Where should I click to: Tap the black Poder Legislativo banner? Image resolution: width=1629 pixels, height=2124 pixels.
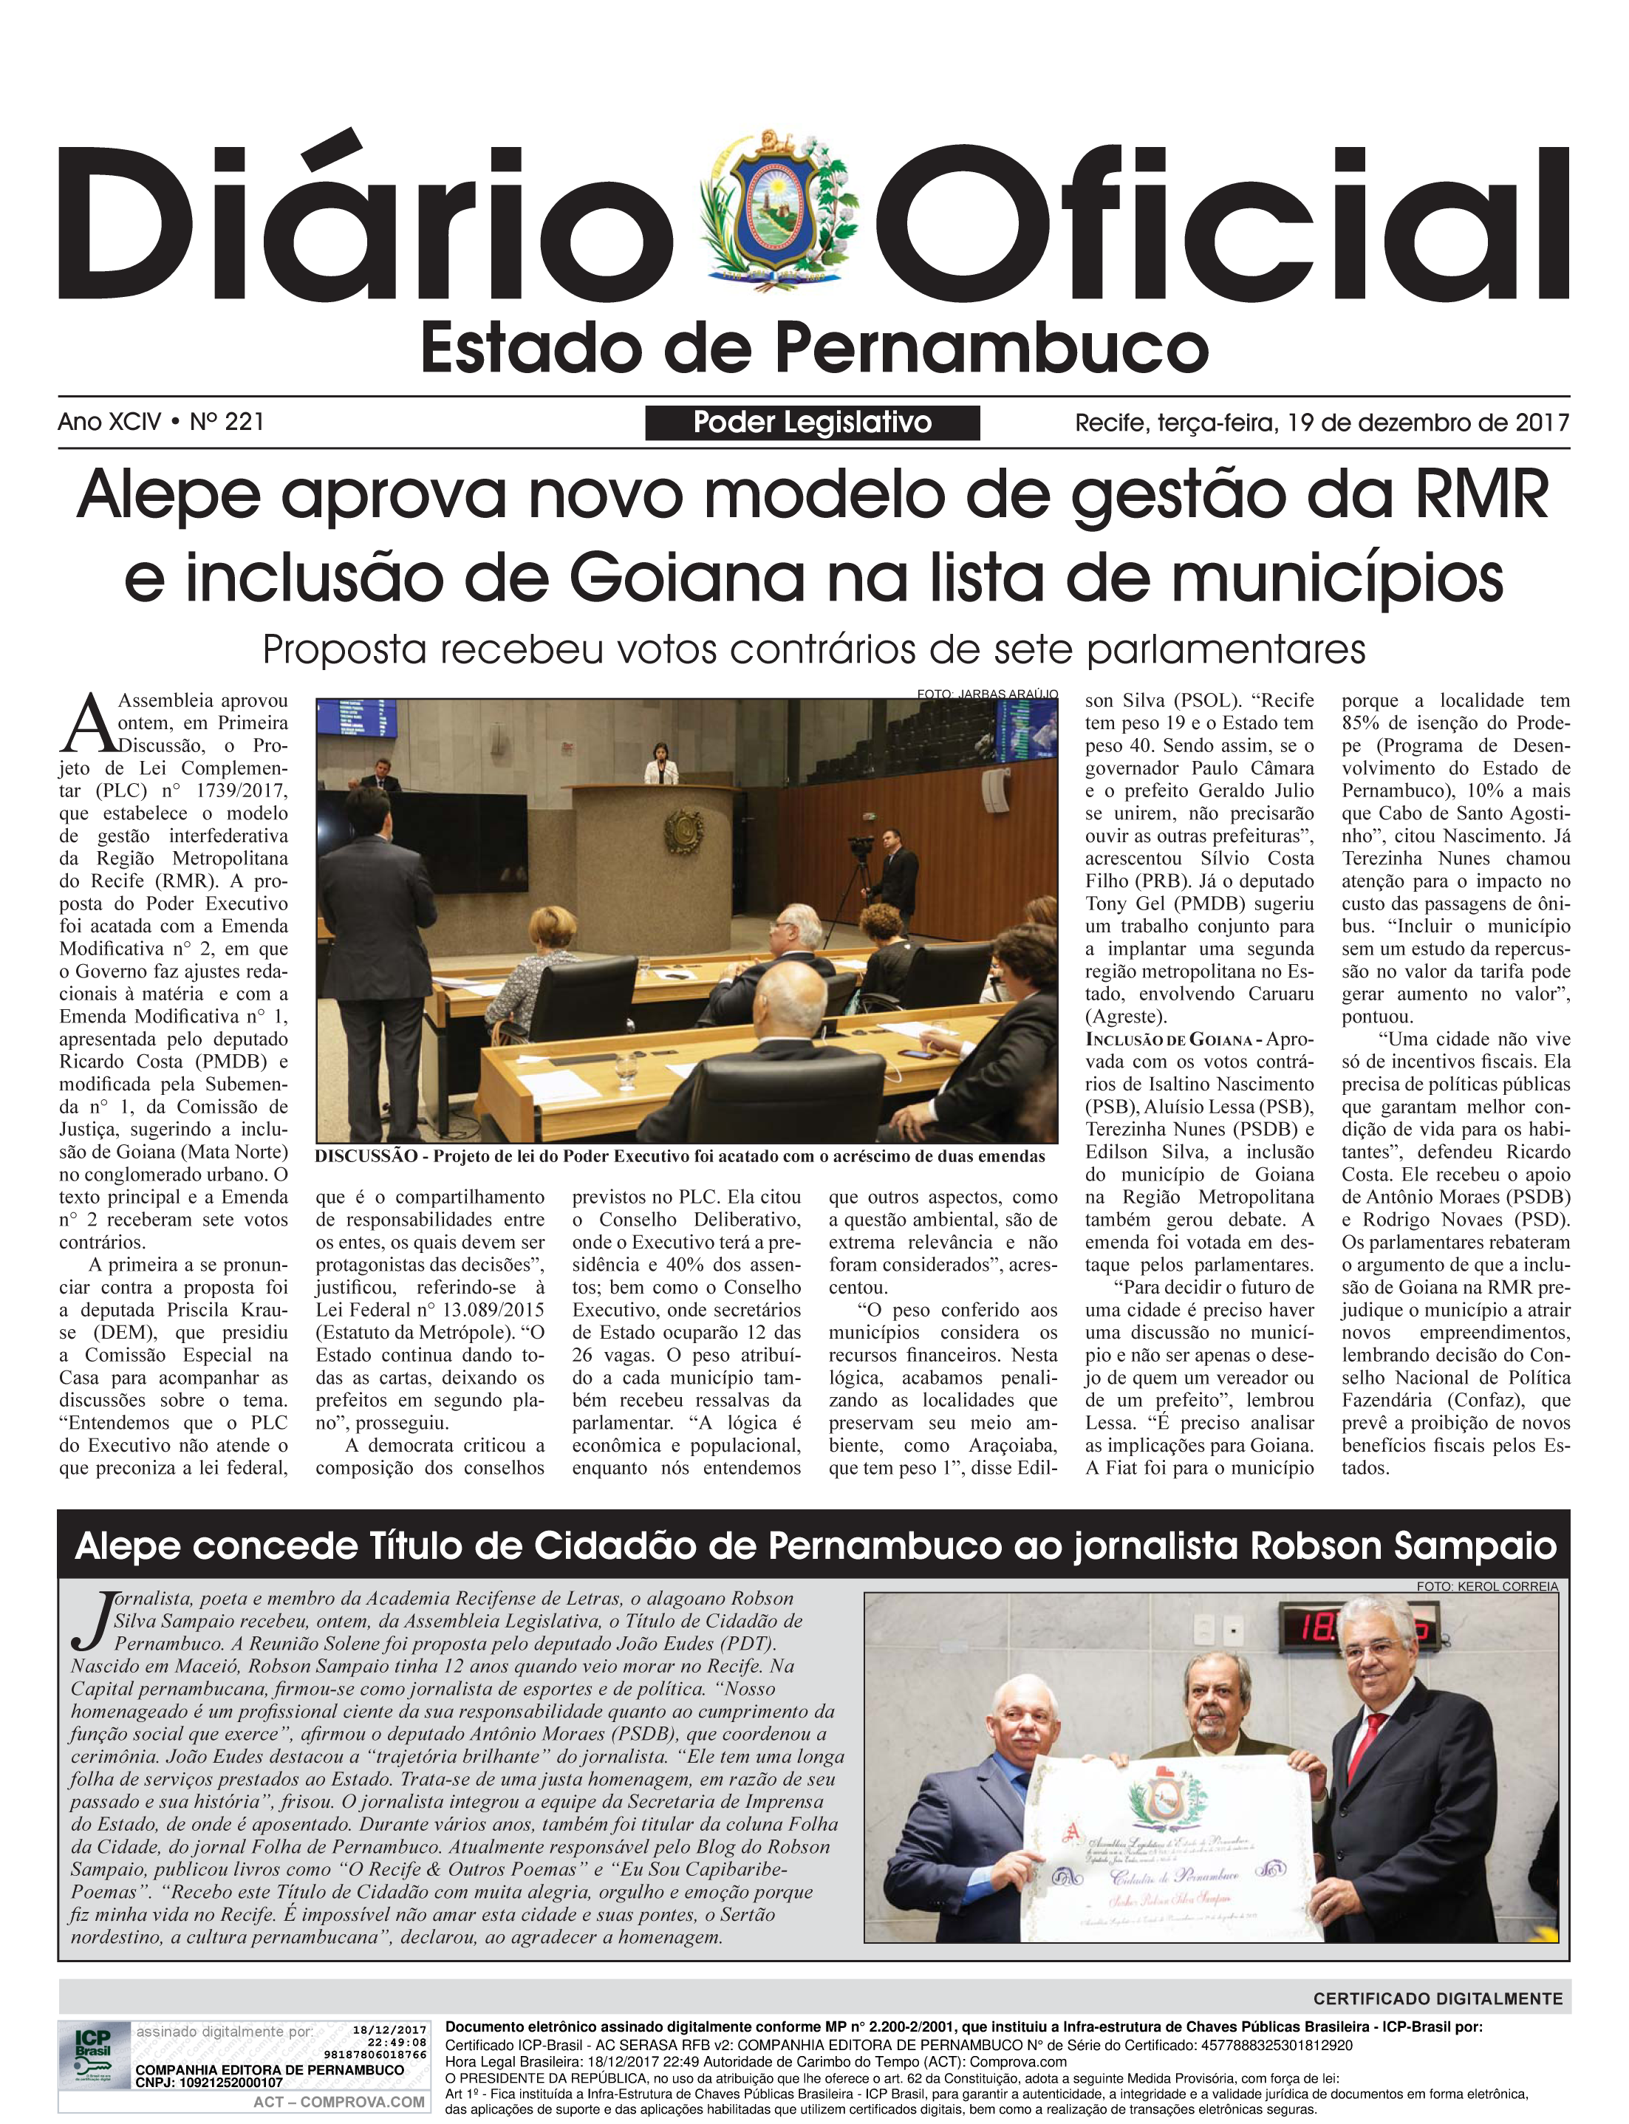click(x=812, y=423)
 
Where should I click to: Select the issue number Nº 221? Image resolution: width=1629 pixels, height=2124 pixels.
click(x=227, y=422)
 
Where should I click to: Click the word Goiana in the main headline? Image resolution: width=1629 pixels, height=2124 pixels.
click(x=686, y=578)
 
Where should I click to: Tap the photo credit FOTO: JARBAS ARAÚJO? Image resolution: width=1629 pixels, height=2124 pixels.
click(x=986, y=694)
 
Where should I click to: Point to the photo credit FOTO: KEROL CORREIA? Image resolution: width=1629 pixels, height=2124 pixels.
click(x=1486, y=1587)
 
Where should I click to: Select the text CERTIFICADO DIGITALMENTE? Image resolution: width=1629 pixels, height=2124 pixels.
click(x=1438, y=1998)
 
